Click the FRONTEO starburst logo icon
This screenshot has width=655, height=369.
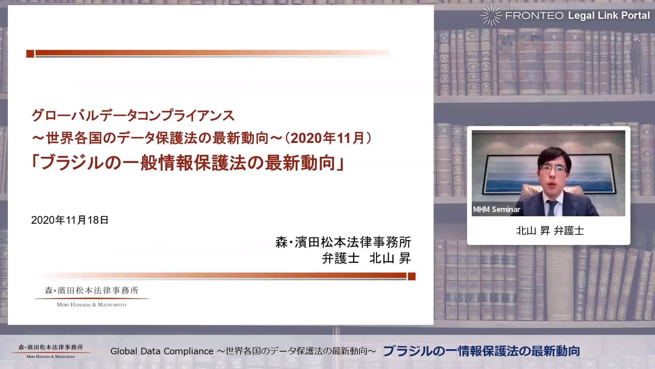coord(491,15)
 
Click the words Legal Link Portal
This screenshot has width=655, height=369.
coord(609,15)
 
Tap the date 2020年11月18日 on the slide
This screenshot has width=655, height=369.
coord(70,220)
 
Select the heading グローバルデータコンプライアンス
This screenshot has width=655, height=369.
coord(133,115)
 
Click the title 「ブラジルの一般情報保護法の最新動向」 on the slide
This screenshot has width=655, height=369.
coord(188,163)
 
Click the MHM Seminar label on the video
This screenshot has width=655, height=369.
coord(497,209)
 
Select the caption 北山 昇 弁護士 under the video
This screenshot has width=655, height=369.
coord(550,231)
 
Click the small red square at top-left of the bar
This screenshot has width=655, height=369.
coord(30,54)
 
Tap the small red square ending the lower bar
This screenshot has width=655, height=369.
coord(412,276)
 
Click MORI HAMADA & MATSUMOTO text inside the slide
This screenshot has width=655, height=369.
coord(91,305)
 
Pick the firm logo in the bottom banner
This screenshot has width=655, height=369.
coord(50,351)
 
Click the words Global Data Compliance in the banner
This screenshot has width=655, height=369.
coord(162,351)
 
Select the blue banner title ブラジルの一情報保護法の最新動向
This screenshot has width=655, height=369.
coord(482,351)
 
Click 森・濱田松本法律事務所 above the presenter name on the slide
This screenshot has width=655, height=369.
coord(343,242)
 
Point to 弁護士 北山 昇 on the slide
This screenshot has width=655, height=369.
coord(366,258)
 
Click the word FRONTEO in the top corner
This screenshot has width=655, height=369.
coord(534,16)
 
